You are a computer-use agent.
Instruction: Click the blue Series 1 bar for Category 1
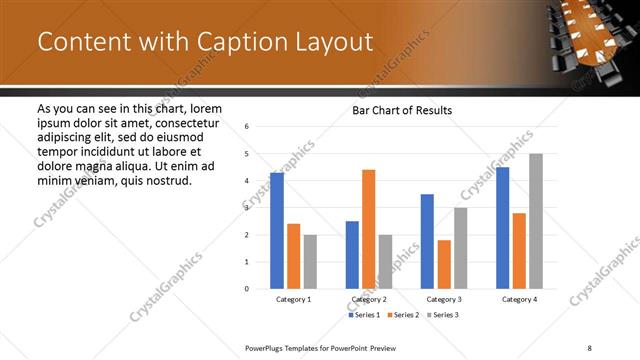(x=277, y=230)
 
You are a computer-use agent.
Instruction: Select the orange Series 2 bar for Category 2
(x=368, y=229)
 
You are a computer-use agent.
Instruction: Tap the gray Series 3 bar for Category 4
(x=536, y=221)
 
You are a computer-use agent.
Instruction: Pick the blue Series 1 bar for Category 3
(x=427, y=241)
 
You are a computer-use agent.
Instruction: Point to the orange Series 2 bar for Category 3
(x=444, y=264)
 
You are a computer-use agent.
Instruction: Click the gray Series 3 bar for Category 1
(x=310, y=261)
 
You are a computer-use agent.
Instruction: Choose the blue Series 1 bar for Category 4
(x=502, y=228)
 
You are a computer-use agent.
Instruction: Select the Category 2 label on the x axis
(x=369, y=299)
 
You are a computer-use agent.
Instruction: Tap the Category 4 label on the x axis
(x=519, y=299)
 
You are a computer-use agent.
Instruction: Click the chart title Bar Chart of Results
(x=402, y=110)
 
